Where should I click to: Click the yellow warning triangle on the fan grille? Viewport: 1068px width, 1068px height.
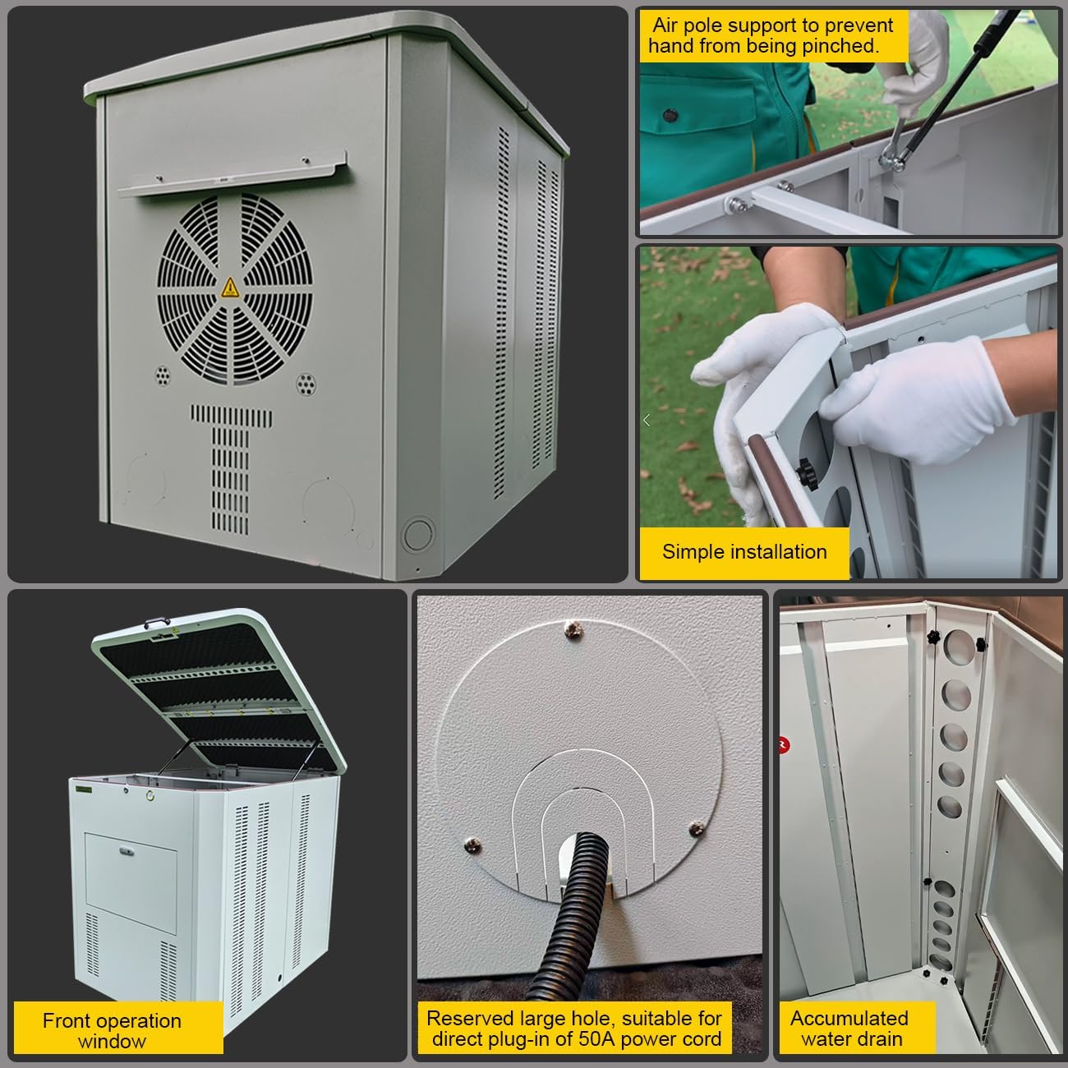click(x=231, y=288)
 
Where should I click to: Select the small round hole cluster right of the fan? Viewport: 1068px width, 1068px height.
click(x=306, y=383)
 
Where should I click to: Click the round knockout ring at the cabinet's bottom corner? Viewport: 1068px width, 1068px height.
click(x=417, y=533)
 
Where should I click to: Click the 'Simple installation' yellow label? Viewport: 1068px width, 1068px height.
click(x=743, y=551)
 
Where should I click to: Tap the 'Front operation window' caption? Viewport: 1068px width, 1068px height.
click(x=112, y=1030)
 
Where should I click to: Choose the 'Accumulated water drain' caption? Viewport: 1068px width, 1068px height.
click(x=850, y=1028)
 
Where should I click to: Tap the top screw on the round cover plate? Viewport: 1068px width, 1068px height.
click(x=574, y=630)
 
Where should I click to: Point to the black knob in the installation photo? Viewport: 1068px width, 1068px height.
click(x=805, y=472)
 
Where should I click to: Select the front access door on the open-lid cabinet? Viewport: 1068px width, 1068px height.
click(x=131, y=871)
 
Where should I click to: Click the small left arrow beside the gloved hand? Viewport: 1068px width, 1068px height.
click(x=647, y=420)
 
